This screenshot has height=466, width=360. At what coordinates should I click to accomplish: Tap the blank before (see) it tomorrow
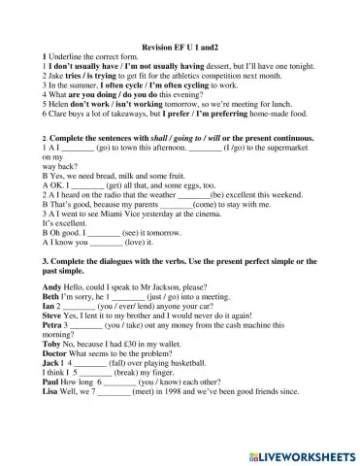pos(104,234)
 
